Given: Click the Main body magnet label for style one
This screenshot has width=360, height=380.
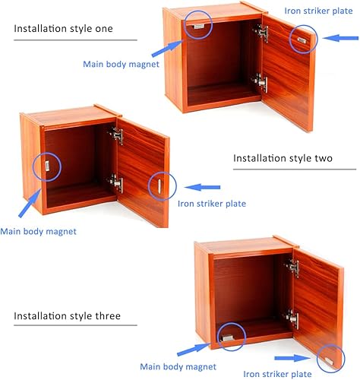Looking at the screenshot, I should (x=122, y=64).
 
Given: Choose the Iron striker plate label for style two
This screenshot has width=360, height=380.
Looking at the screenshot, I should (x=212, y=203).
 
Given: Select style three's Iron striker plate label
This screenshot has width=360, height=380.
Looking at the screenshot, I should (x=279, y=373).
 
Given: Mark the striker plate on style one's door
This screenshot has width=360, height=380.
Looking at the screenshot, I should (x=302, y=37).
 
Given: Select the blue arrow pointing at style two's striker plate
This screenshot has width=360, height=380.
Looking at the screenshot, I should (x=204, y=186).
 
